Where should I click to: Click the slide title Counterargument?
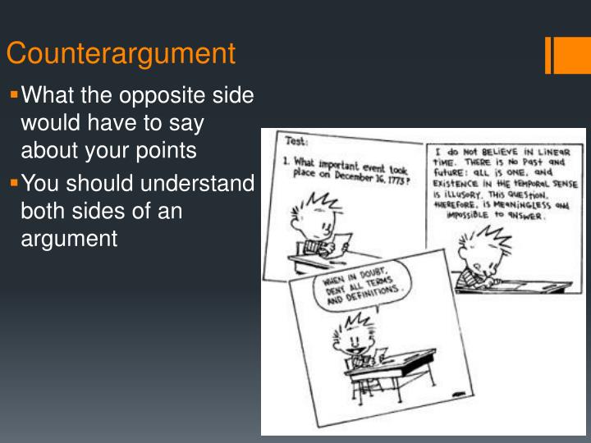[121, 53]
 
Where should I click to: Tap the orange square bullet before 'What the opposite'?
[13, 95]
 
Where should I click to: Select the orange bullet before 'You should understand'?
[13, 182]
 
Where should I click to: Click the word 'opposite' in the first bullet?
[156, 97]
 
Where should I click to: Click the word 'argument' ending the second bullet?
[69, 239]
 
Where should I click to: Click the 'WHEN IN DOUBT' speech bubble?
[355, 287]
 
